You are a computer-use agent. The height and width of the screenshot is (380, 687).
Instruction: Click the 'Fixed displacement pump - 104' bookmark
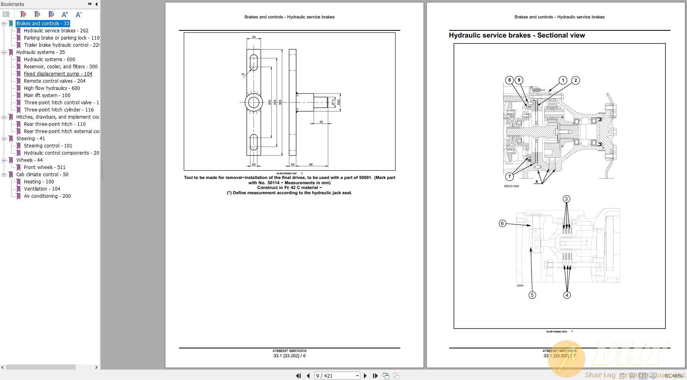pos(58,74)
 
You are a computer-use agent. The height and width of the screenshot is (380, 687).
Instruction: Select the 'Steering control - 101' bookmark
pos(48,146)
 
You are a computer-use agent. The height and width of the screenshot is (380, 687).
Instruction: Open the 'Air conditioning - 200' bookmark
pos(47,196)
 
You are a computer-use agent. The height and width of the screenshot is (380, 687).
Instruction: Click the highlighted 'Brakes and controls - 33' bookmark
pos(43,24)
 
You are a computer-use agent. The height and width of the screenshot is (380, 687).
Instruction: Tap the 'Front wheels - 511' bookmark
pos(44,167)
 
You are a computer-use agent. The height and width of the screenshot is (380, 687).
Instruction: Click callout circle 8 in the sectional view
pos(509,80)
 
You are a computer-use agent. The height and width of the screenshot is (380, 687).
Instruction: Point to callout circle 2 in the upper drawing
pos(576,80)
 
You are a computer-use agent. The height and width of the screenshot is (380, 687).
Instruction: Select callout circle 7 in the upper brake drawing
pos(509,176)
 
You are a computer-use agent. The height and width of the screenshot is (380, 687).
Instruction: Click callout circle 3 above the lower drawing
pos(566,199)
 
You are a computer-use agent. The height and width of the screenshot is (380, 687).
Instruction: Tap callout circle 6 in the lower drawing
pos(502,223)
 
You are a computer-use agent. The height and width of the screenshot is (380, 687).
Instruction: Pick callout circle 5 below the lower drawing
pos(532,295)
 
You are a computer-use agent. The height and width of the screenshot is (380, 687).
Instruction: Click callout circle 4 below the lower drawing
pos(567,295)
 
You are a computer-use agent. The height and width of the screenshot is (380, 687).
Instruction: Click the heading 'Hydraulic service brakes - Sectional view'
pos(517,36)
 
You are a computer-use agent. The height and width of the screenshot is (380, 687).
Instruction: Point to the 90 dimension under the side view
pos(311,164)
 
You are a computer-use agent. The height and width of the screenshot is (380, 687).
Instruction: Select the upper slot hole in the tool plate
pos(254,63)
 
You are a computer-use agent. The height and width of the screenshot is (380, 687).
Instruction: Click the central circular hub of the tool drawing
pos(253,103)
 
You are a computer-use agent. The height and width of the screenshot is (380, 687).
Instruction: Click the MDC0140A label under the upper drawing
pos(511,186)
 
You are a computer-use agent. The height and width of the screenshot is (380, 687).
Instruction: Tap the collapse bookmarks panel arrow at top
pos(96,4)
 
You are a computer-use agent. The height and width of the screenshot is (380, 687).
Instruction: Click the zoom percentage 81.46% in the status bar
pos(673,376)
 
